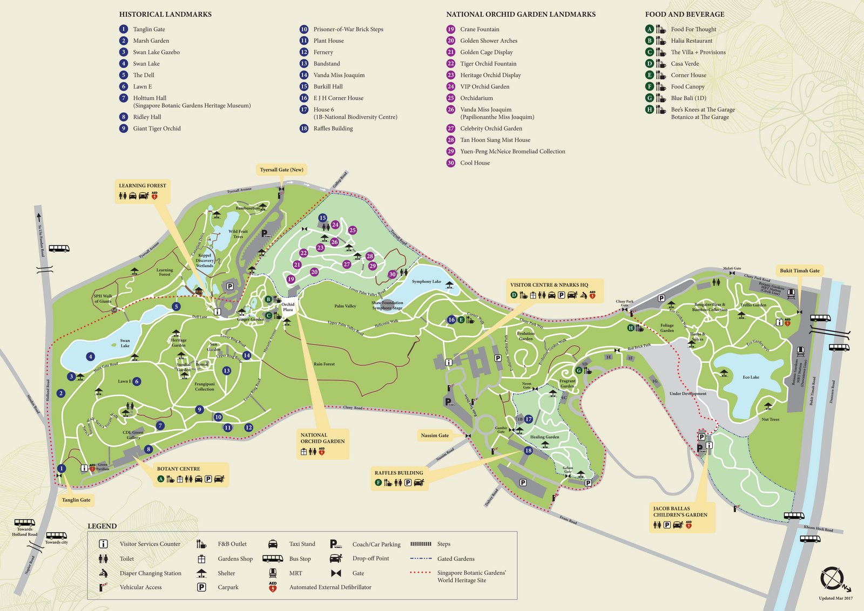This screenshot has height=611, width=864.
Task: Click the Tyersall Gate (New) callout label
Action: pos(281,169)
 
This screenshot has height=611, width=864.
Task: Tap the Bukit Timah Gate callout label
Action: pos(799,270)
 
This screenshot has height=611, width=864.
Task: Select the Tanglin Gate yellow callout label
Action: pos(76,500)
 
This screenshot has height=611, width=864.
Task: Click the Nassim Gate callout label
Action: pos(435,435)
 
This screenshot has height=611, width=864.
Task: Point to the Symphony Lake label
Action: pos(426,281)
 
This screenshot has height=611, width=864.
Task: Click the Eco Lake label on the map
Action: pos(751,377)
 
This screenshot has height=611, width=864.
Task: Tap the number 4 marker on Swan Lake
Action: pos(91,356)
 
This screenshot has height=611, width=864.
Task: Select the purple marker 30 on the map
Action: pos(392,274)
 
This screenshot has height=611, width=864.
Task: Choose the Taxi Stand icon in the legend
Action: pos(273,544)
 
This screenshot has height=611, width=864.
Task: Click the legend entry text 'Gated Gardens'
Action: pos(456,559)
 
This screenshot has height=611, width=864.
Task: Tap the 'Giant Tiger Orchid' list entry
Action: pos(157,128)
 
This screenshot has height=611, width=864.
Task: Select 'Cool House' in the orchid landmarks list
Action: pos(475,163)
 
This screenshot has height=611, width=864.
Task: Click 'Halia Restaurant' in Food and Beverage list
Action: pos(691,41)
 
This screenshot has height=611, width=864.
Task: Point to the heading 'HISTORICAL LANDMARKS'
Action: pos(165,15)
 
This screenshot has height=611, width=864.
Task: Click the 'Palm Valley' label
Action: pos(345,306)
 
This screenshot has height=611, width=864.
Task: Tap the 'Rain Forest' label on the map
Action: pos(324,364)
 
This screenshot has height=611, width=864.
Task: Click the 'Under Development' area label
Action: pos(687,393)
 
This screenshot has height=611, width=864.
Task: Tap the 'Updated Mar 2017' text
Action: pos(835,598)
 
